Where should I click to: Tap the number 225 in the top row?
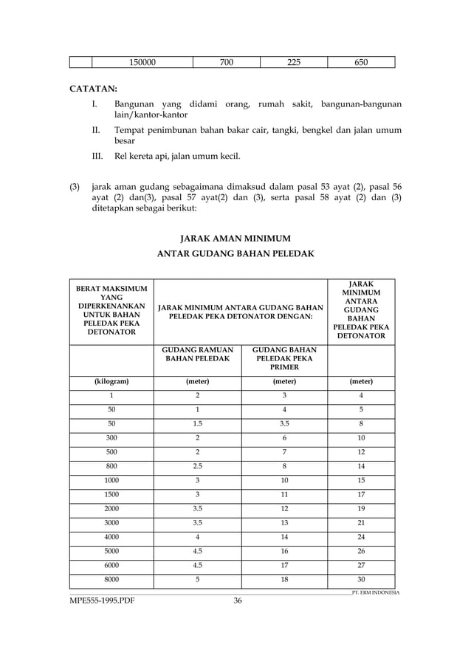pos(293,61)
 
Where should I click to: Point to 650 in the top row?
pos(361,61)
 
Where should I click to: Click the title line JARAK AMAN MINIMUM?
pos(235,238)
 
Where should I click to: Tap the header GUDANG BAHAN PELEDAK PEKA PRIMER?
pos(284,359)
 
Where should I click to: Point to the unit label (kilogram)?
pos(111,382)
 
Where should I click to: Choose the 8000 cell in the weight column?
pos(111,579)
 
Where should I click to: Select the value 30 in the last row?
pos(361,579)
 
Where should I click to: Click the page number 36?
pos(238,601)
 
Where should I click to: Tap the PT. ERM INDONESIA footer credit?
pos(375,592)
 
